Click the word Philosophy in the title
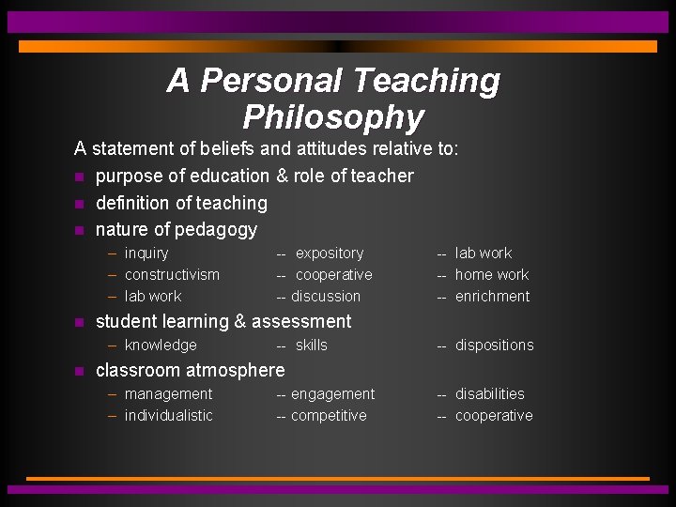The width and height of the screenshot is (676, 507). pyautogui.click(x=333, y=117)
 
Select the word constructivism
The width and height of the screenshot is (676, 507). pyautogui.click(x=172, y=274)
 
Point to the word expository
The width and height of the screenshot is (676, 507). pyautogui.click(x=330, y=253)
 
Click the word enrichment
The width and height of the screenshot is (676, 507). pyautogui.click(x=492, y=296)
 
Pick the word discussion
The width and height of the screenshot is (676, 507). pyautogui.click(x=326, y=296)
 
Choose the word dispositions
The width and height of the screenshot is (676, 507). pyautogui.click(x=494, y=345)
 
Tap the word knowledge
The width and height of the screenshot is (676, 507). pyautogui.click(x=161, y=345)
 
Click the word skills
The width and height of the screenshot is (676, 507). pyautogui.click(x=312, y=345)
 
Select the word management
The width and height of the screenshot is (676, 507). pyautogui.click(x=168, y=393)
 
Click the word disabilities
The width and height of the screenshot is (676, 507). pyautogui.click(x=490, y=393)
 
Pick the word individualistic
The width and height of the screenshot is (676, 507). pyautogui.click(x=168, y=415)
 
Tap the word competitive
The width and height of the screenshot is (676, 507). pyautogui.click(x=329, y=415)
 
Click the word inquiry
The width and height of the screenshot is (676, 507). pyautogui.click(x=146, y=253)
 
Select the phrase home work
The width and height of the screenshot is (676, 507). pyautogui.click(x=492, y=274)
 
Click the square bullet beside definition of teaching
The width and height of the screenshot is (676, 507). pyautogui.click(x=80, y=204)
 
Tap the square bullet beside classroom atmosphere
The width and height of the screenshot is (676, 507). pyautogui.click(x=80, y=371)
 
